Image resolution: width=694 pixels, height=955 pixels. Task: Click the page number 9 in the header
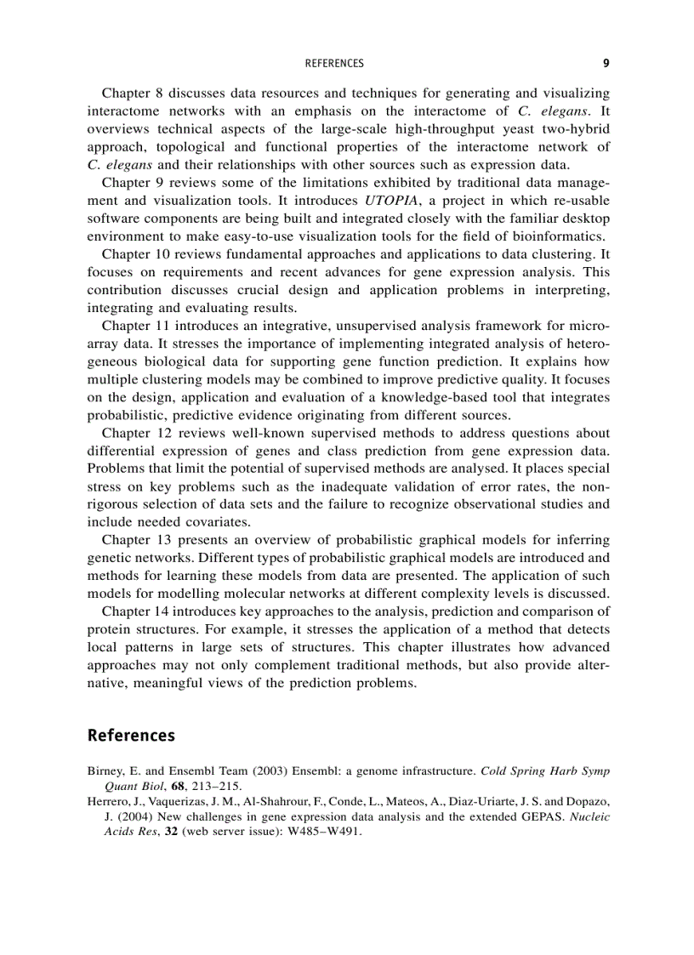pyautogui.click(x=606, y=63)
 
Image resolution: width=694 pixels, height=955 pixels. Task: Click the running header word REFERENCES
pyautogui.click(x=333, y=64)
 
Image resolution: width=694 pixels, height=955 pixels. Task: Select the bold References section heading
pyautogui.click(x=131, y=736)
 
